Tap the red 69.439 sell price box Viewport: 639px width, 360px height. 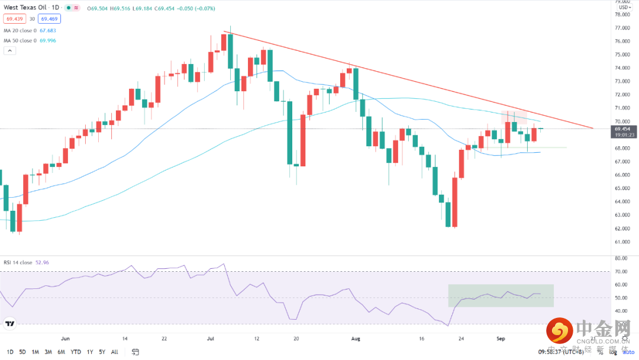[x=14, y=19]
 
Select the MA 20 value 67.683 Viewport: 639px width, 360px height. [x=47, y=30]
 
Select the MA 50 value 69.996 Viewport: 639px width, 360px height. [x=47, y=40]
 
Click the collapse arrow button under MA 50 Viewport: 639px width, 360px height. [x=9, y=51]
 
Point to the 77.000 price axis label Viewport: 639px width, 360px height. [x=621, y=28]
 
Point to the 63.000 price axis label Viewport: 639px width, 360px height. [x=621, y=215]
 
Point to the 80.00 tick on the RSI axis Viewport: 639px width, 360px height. [x=621, y=259]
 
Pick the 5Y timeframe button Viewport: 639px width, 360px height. [x=102, y=352]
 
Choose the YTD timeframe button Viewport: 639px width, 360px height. [x=76, y=352]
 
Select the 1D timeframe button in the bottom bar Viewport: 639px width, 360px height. [x=10, y=352]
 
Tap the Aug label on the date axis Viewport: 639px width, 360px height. [x=355, y=339]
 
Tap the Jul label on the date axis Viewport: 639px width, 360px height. [x=211, y=339]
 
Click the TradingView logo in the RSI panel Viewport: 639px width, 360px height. [x=10, y=323]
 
